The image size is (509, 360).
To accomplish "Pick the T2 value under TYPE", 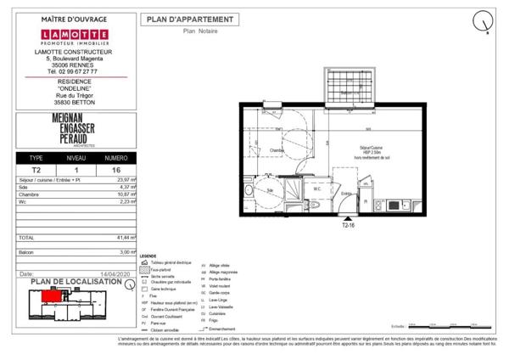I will (36, 169).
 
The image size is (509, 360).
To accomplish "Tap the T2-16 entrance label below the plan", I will (349, 227).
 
